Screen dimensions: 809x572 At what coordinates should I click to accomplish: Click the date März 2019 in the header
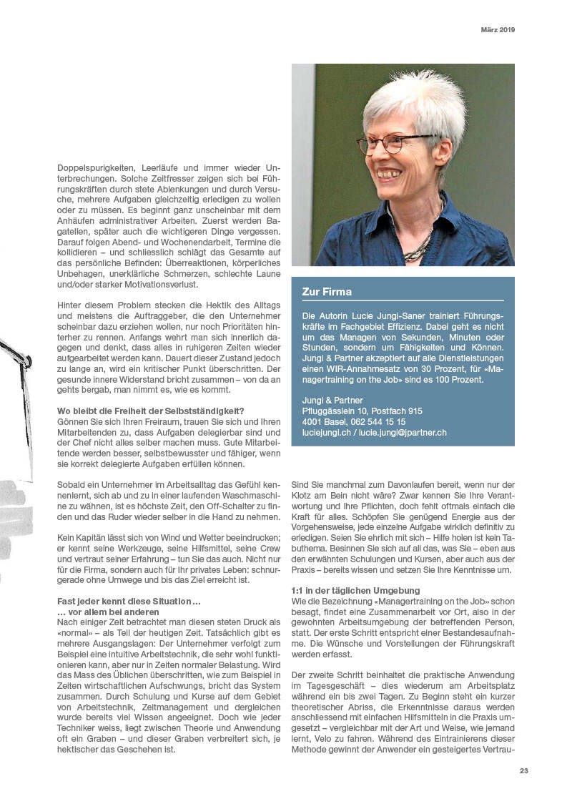click(x=497, y=30)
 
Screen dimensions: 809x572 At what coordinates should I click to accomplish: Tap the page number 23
click(x=524, y=771)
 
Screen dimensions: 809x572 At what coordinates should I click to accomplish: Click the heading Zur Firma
click(x=327, y=292)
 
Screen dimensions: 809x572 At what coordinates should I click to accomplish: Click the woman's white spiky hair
click(x=415, y=100)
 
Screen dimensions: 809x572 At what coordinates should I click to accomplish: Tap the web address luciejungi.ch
click(x=325, y=433)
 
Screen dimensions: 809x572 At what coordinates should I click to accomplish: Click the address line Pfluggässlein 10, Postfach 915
click(x=362, y=411)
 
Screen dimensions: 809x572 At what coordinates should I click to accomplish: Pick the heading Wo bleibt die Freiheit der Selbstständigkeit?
click(x=151, y=411)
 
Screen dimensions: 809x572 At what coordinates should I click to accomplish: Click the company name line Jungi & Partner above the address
click(x=332, y=401)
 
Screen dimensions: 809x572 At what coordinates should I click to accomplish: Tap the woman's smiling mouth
click(x=390, y=174)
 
